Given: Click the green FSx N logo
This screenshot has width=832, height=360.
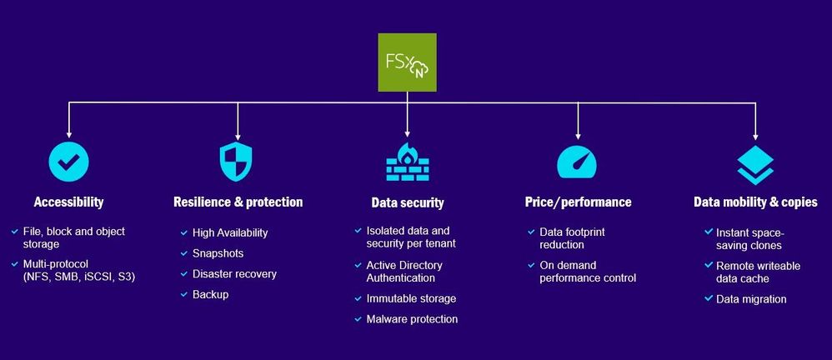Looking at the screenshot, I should pyautogui.click(x=407, y=62).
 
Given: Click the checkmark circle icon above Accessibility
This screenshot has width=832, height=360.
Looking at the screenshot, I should pyautogui.click(x=68, y=162).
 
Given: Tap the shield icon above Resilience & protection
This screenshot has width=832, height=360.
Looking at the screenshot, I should pyautogui.click(x=237, y=162).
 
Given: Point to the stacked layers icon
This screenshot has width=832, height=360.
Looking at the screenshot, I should pyautogui.click(x=755, y=162).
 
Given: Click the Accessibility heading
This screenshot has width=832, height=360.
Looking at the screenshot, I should pyautogui.click(x=68, y=202).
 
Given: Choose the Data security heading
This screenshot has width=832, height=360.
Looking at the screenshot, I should pyautogui.click(x=407, y=202).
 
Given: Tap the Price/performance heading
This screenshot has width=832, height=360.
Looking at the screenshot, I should pyautogui.click(x=578, y=202).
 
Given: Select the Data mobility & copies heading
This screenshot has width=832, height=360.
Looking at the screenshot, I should pyautogui.click(x=755, y=202).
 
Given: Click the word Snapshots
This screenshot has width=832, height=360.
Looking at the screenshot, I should pyautogui.click(x=218, y=253).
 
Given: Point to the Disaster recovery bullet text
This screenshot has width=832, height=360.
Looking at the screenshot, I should pyautogui.click(x=234, y=274).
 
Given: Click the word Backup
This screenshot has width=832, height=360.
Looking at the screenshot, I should pyautogui.click(x=210, y=294).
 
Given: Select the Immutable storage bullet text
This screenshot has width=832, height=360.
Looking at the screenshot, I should pyautogui.click(x=411, y=298).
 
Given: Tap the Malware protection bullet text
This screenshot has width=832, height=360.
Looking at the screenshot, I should pyautogui.click(x=412, y=319).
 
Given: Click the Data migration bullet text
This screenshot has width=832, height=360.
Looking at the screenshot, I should pyautogui.click(x=751, y=299).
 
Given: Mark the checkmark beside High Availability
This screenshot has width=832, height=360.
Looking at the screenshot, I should pyautogui.click(x=183, y=232).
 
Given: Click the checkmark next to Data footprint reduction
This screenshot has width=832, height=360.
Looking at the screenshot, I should pyautogui.click(x=531, y=231).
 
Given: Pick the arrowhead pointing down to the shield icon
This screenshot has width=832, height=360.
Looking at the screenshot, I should pyautogui.click(x=238, y=134).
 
